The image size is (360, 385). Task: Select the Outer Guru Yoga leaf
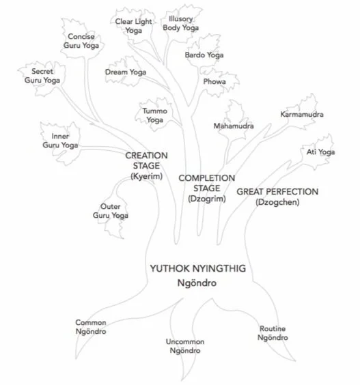click(110, 211)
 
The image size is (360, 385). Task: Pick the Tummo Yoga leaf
click(154, 115)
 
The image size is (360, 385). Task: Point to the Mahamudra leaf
click(233, 126)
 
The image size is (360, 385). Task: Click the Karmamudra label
click(301, 114)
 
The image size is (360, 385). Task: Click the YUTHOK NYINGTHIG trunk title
click(198, 274)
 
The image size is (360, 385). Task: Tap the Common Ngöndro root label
click(91, 327)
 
